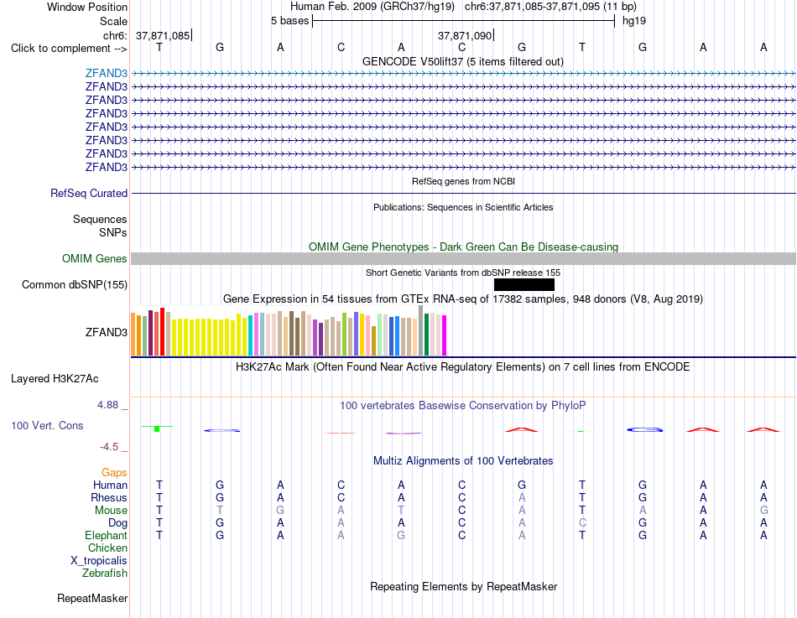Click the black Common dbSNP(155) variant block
pos(524,284)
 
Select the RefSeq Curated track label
pos(89,193)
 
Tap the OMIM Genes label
pos(95,258)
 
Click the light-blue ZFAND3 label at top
pos(107,73)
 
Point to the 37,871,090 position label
pos(465,35)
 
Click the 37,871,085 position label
pos(163,35)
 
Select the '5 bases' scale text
pos(289,21)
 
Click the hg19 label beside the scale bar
pos(634,21)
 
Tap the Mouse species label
pos(111,511)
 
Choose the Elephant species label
pos(107,535)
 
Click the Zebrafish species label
pos(105,574)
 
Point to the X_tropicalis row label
pos(99,561)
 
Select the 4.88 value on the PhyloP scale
pos(107,405)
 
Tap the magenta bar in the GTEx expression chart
pos(445,335)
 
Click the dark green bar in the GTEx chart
pos(427,335)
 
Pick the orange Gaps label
pos(114,473)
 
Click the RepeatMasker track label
pos(92,598)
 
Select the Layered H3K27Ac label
pos(55,379)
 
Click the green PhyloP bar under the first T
pos(157,429)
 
